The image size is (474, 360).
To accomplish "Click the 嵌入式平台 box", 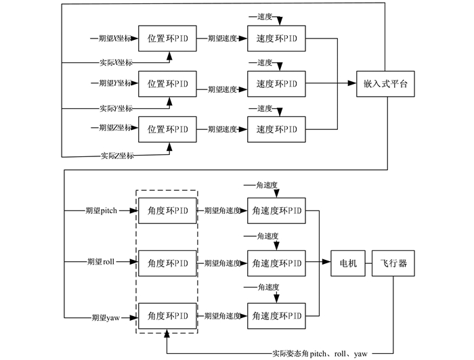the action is point(385,84).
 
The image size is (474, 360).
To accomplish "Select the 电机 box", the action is point(348,263).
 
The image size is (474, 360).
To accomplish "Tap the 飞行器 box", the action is point(393,263).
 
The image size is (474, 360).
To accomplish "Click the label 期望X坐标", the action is point(115,39).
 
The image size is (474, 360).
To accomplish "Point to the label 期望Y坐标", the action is point(115,83).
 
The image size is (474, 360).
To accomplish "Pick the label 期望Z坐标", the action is point(115,127).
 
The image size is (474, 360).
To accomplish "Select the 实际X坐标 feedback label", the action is point(116,62).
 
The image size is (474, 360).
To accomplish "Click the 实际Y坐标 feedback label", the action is point(116,108).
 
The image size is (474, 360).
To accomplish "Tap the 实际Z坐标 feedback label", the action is point(117,156).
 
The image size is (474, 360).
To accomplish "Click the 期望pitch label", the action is point(102,210).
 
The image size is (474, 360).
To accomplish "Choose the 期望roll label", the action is point(101,262).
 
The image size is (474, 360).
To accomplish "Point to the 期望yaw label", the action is point(106,318).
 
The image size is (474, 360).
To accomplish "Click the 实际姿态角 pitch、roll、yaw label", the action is point(320,354).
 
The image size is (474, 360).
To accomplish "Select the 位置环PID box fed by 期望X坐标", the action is point(167,39).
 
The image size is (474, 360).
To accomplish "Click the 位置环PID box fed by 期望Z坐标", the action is point(167,129).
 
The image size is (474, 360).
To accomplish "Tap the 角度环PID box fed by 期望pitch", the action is point(167,211).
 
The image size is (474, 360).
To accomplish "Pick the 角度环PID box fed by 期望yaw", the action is point(167,316).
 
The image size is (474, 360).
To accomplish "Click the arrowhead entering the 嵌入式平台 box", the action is point(353,83).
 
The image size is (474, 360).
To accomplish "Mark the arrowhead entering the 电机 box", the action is point(327,262).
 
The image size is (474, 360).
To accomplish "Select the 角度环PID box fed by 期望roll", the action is point(167,263).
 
